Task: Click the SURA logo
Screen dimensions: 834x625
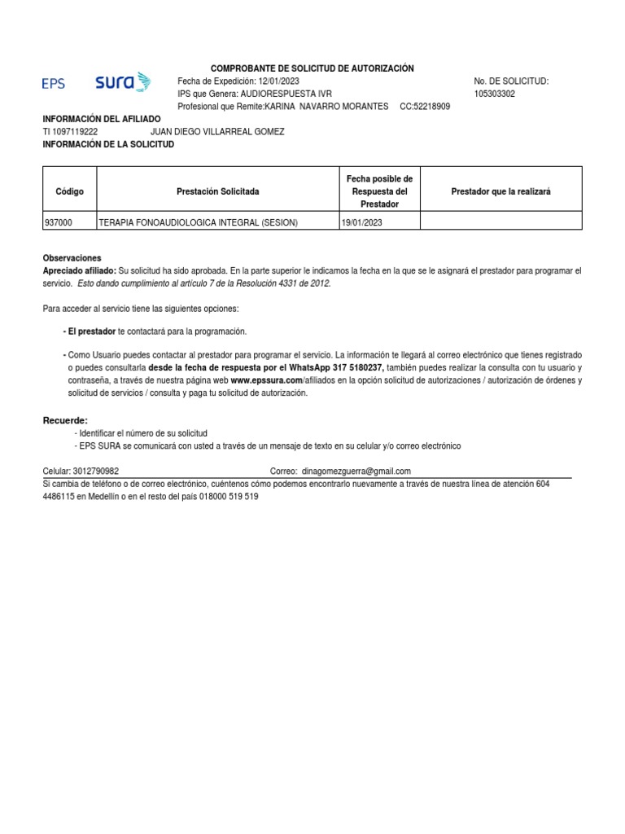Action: pyautogui.click(x=123, y=82)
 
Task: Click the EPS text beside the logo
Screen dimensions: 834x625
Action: pyautogui.click(x=54, y=83)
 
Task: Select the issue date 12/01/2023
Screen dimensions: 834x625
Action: pyautogui.click(x=279, y=81)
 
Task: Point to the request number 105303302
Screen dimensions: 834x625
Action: pyautogui.click(x=494, y=94)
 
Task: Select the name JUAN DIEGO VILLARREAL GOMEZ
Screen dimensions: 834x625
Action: pyautogui.click(x=217, y=132)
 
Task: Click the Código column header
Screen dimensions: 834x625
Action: pyautogui.click(x=69, y=191)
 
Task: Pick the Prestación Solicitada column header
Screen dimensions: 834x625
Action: pyautogui.click(x=217, y=191)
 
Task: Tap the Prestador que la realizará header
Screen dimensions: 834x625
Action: pyautogui.click(x=500, y=191)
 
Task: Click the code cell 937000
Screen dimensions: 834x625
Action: pyautogui.click(x=58, y=222)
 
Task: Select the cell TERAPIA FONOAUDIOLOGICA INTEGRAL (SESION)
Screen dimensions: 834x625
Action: pyautogui.click(x=198, y=222)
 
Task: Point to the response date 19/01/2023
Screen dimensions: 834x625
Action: pyautogui.click(x=362, y=222)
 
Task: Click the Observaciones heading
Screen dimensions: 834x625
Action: pyautogui.click(x=72, y=257)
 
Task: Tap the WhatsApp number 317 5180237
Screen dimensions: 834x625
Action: pyautogui.click(x=356, y=367)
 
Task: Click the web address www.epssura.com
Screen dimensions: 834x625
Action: pyautogui.click(x=266, y=380)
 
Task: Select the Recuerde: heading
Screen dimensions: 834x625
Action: pyautogui.click(x=65, y=420)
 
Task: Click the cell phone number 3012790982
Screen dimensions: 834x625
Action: pyautogui.click(x=94, y=472)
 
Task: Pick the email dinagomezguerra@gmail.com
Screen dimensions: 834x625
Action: pyautogui.click(x=356, y=472)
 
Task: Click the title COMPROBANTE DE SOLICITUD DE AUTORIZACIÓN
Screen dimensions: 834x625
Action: pyautogui.click(x=312, y=68)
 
